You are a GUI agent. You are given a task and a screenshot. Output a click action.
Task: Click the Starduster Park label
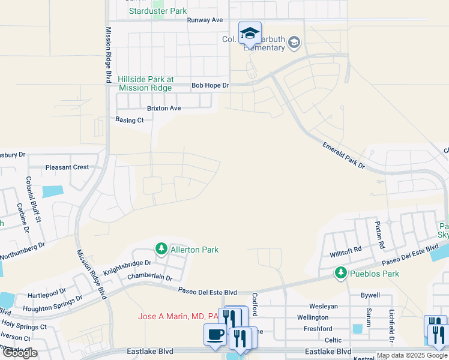(x=158, y=11)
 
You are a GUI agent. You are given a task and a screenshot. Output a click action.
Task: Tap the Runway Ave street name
(x=205, y=20)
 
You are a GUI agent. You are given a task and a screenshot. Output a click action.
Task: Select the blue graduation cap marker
(x=250, y=33)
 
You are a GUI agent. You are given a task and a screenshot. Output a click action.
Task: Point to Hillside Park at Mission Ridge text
(x=146, y=83)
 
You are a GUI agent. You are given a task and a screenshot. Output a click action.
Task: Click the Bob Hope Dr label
(x=210, y=86)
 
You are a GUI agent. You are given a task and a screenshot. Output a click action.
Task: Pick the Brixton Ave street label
(x=164, y=109)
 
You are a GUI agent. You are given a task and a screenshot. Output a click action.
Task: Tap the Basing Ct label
(x=130, y=120)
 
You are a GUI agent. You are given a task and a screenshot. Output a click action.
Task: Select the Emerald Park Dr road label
(x=343, y=155)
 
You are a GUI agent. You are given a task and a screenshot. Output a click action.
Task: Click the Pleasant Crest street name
(x=67, y=167)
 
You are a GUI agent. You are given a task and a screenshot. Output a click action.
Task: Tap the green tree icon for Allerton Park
(x=161, y=248)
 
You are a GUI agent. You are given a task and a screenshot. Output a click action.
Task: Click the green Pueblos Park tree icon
(x=340, y=274)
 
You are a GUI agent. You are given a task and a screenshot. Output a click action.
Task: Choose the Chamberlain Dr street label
(x=149, y=278)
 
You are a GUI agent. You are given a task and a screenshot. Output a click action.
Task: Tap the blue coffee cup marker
(x=215, y=335)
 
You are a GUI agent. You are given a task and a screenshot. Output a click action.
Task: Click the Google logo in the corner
(x=20, y=353)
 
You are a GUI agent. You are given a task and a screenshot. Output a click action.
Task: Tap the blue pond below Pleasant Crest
(x=53, y=192)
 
